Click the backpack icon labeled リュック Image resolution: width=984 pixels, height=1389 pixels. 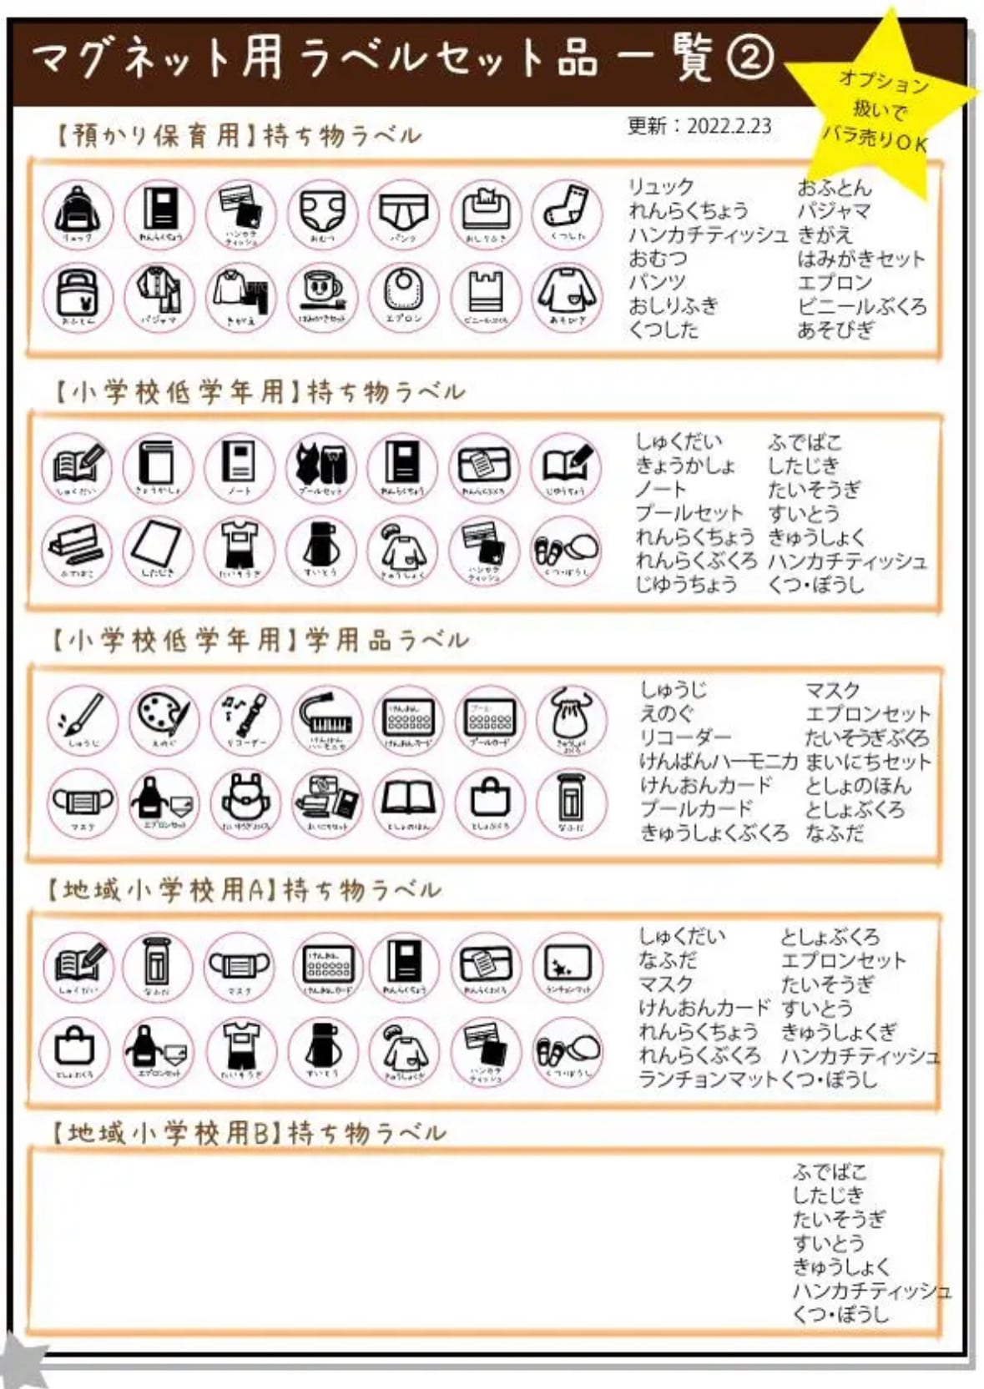coord(78,213)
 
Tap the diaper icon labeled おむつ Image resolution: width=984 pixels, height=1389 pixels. coord(322,214)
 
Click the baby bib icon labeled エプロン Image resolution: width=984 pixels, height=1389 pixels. coord(404,295)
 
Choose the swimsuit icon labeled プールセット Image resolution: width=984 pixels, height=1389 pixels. coord(321,466)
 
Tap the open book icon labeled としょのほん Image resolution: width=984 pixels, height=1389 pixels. coord(408,802)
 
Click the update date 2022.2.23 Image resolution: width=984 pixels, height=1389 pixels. coord(699,126)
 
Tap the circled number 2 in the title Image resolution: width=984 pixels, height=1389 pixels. coord(749,58)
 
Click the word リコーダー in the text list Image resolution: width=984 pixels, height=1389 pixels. coord(685,737)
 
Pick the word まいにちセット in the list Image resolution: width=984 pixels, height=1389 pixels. coord(867,762)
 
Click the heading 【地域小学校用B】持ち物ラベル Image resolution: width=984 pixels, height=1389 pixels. coord(248,1133)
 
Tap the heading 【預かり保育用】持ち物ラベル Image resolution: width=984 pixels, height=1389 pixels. coord(238,135)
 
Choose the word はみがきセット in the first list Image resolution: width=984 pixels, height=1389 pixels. coord(860,259)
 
